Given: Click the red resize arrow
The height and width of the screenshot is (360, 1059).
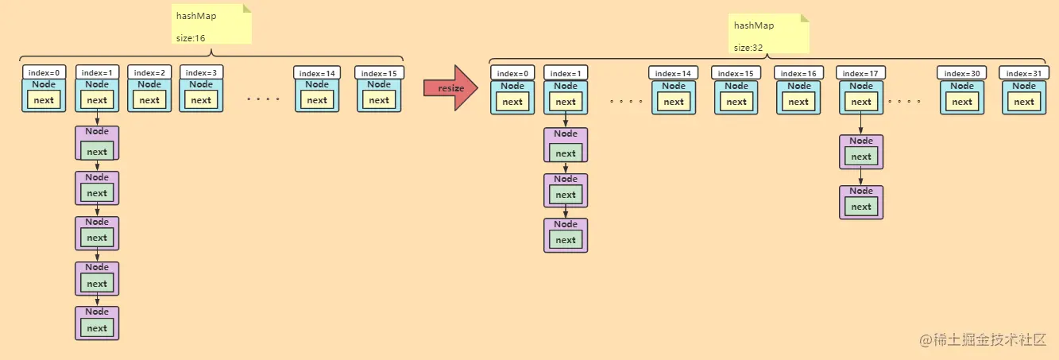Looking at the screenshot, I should click(x=450, y=88).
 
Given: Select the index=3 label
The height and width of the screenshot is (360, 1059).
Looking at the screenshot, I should click(x=202, y=72).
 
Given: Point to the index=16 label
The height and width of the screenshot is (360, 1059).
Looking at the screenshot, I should click(x=798, y=73).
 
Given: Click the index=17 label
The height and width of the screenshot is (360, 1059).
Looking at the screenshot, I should click(x=861, y=73).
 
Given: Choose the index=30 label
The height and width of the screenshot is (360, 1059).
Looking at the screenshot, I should click(x=962, y=73).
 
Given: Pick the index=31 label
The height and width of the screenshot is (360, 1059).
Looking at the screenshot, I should click(x=1024, y=73).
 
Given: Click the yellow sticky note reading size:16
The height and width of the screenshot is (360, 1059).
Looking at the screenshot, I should click(x=211, y=25).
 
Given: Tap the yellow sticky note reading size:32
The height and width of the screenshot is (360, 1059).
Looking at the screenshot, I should click(x=769, y=34).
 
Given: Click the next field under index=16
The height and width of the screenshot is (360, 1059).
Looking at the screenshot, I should click(x=798, y=102).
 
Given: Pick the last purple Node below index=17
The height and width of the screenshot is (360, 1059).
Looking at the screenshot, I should click(x=861, y=202).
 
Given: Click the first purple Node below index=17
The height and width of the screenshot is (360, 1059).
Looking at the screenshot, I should click(x=861, y=152).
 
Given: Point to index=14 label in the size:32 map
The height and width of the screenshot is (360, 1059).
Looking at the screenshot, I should click(x=674, y=73).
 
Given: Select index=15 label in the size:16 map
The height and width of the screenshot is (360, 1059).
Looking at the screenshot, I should click(x=380, y=72).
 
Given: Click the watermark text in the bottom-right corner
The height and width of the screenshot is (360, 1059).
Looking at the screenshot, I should click(x=982, y=339).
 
